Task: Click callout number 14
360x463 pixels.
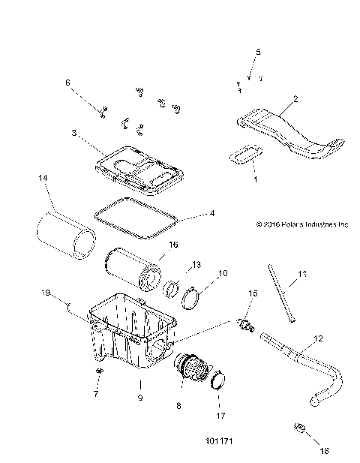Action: click(x=43, y=178)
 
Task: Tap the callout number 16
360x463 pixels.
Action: click(x=172, y=245)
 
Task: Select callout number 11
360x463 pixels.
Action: click(x=301, y=275)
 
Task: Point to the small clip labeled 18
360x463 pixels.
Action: click(x=297, y=429)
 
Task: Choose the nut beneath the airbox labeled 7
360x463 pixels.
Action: click(x=99, y=371)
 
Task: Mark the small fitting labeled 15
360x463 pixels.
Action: click(x=243, y=325)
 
